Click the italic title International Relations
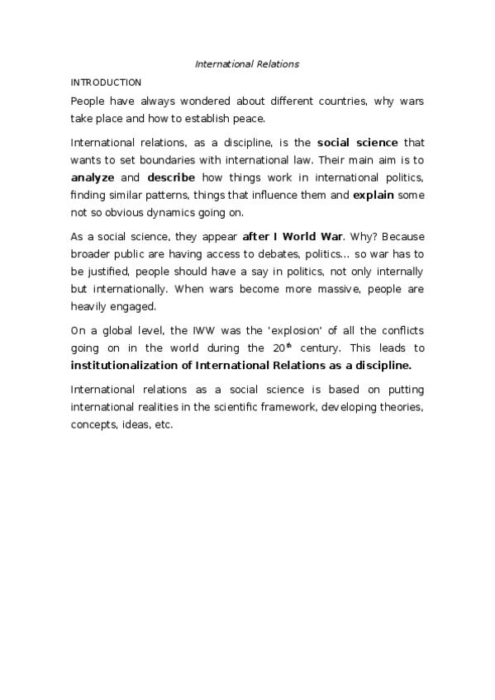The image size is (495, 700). [x=247, y=64]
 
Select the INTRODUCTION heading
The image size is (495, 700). [x=106, y=83]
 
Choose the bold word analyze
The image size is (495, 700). [x=93, y=178]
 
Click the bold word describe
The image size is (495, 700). [x=171, y=178]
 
